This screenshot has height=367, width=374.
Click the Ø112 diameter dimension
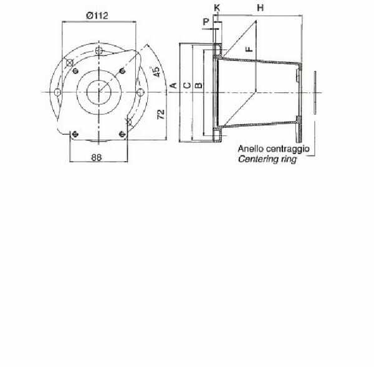pyautogui.click(x=97, y=16)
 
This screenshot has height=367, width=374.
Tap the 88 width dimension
pyautogui.click(x=97, y=157)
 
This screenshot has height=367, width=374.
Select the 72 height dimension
pyautogui.click(x=161, y=114)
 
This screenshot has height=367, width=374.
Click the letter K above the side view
pyautogui.click(x=217, y=8)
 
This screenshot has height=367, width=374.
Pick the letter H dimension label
pyautogui.click(x=260, y=8)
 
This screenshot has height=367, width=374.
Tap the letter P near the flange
pyautogui.click(x=206, y=22)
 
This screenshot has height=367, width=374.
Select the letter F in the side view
pyautogui.click(x=249, y=49)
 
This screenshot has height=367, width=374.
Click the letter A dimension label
pyautogui.click(x=174, y=86)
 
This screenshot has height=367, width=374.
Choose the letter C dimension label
pyautogui.click(x=187, y=86)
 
